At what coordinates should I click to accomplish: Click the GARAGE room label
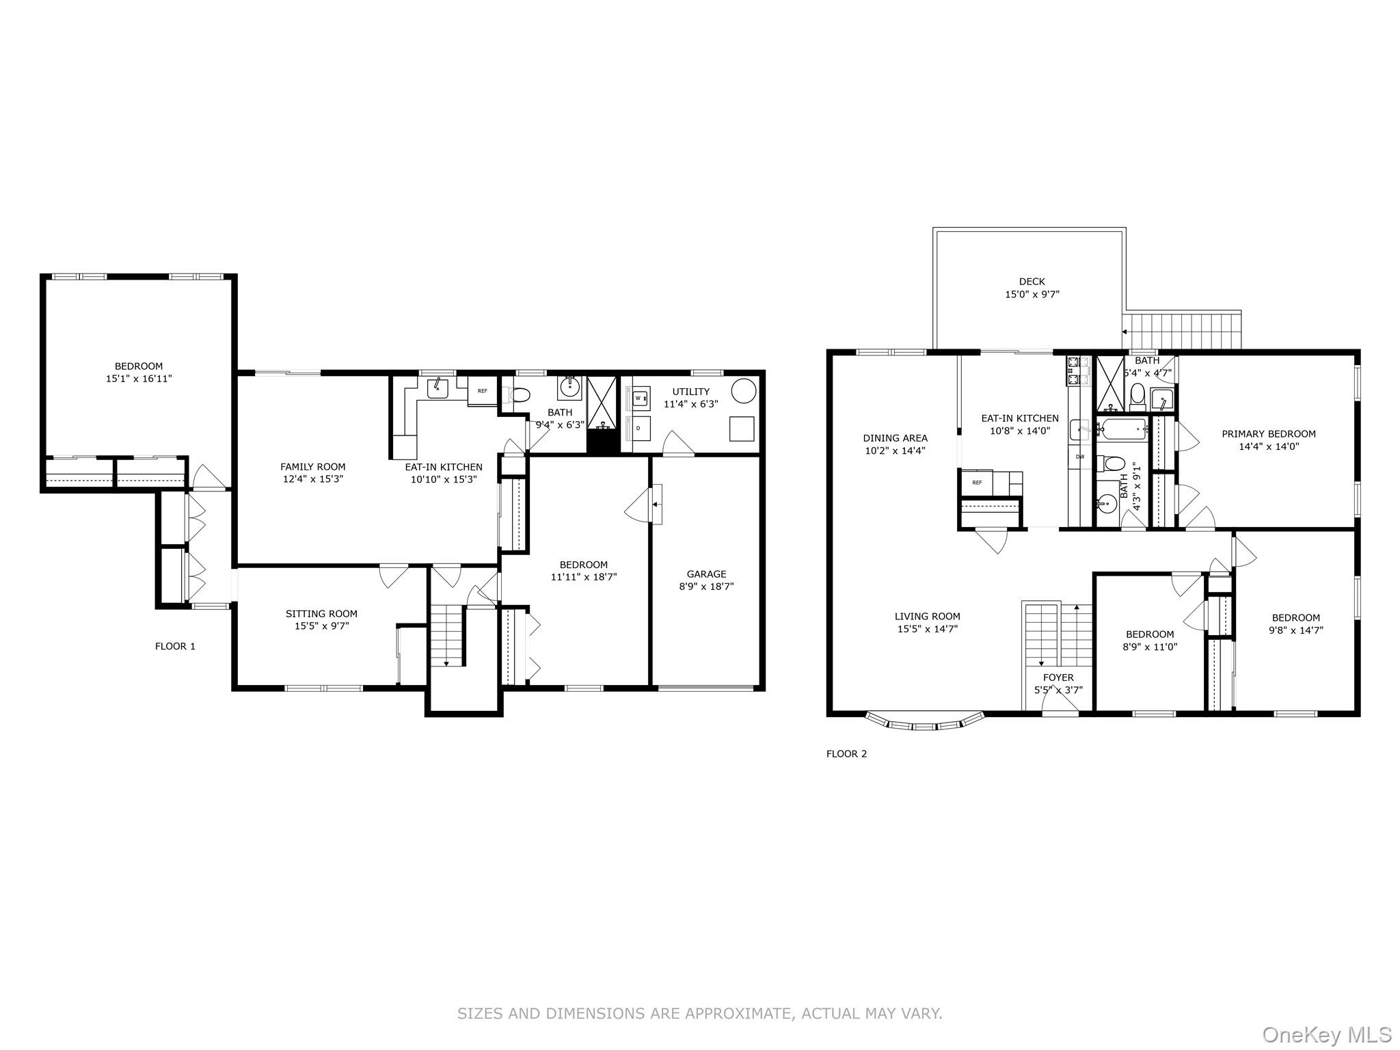tap(706, 574)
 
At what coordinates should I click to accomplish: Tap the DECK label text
tap(1032, 282)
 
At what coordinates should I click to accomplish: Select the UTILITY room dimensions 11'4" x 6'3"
tap(690, 404)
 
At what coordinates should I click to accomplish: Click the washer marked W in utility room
tap(638, 398)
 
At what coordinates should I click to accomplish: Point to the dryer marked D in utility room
tap(638, 428)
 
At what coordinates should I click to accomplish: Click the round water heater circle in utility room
tap(743, 391)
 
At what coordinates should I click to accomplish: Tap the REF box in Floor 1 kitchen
tap(483, 391)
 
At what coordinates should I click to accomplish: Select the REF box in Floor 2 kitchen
tap(977, 482)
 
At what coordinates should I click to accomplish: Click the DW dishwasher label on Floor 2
tap(1080, 456)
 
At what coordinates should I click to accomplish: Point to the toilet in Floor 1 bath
tap(520, 395)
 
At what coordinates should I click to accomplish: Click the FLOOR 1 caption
tap(175, 646)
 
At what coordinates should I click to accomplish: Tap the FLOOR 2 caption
tap(846, 754)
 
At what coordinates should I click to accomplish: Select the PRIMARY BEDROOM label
tap(1268, 433)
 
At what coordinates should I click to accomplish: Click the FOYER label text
tap(1058, 677)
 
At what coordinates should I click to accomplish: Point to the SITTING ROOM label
tap(321, 614)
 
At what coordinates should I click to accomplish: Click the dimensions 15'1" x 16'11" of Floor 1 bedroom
tap(139, 378)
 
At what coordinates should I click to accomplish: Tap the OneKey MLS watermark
tap(1326, 1034)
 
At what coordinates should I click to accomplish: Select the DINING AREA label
tap(895, 438)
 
